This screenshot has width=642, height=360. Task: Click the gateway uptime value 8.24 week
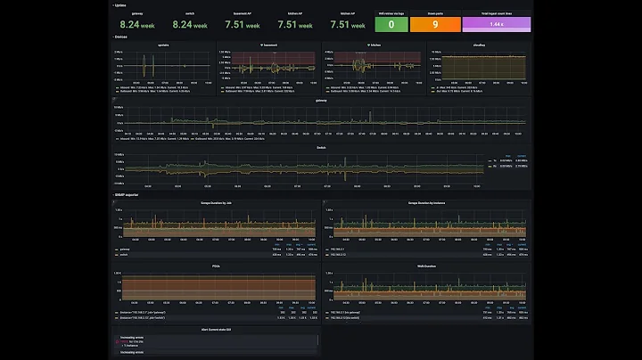[137, 25]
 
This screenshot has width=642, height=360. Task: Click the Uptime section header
[120, 4]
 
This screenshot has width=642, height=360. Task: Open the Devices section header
[122, 37]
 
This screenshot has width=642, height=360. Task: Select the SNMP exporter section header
[127, 194]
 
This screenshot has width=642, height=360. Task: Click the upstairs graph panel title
[162, 44]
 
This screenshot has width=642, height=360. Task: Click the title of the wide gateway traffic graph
[321, 100]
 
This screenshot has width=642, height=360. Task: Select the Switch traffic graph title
[321, 148]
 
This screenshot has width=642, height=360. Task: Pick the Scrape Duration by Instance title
[424, 203]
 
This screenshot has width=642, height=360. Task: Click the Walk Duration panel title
[424, 265]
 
